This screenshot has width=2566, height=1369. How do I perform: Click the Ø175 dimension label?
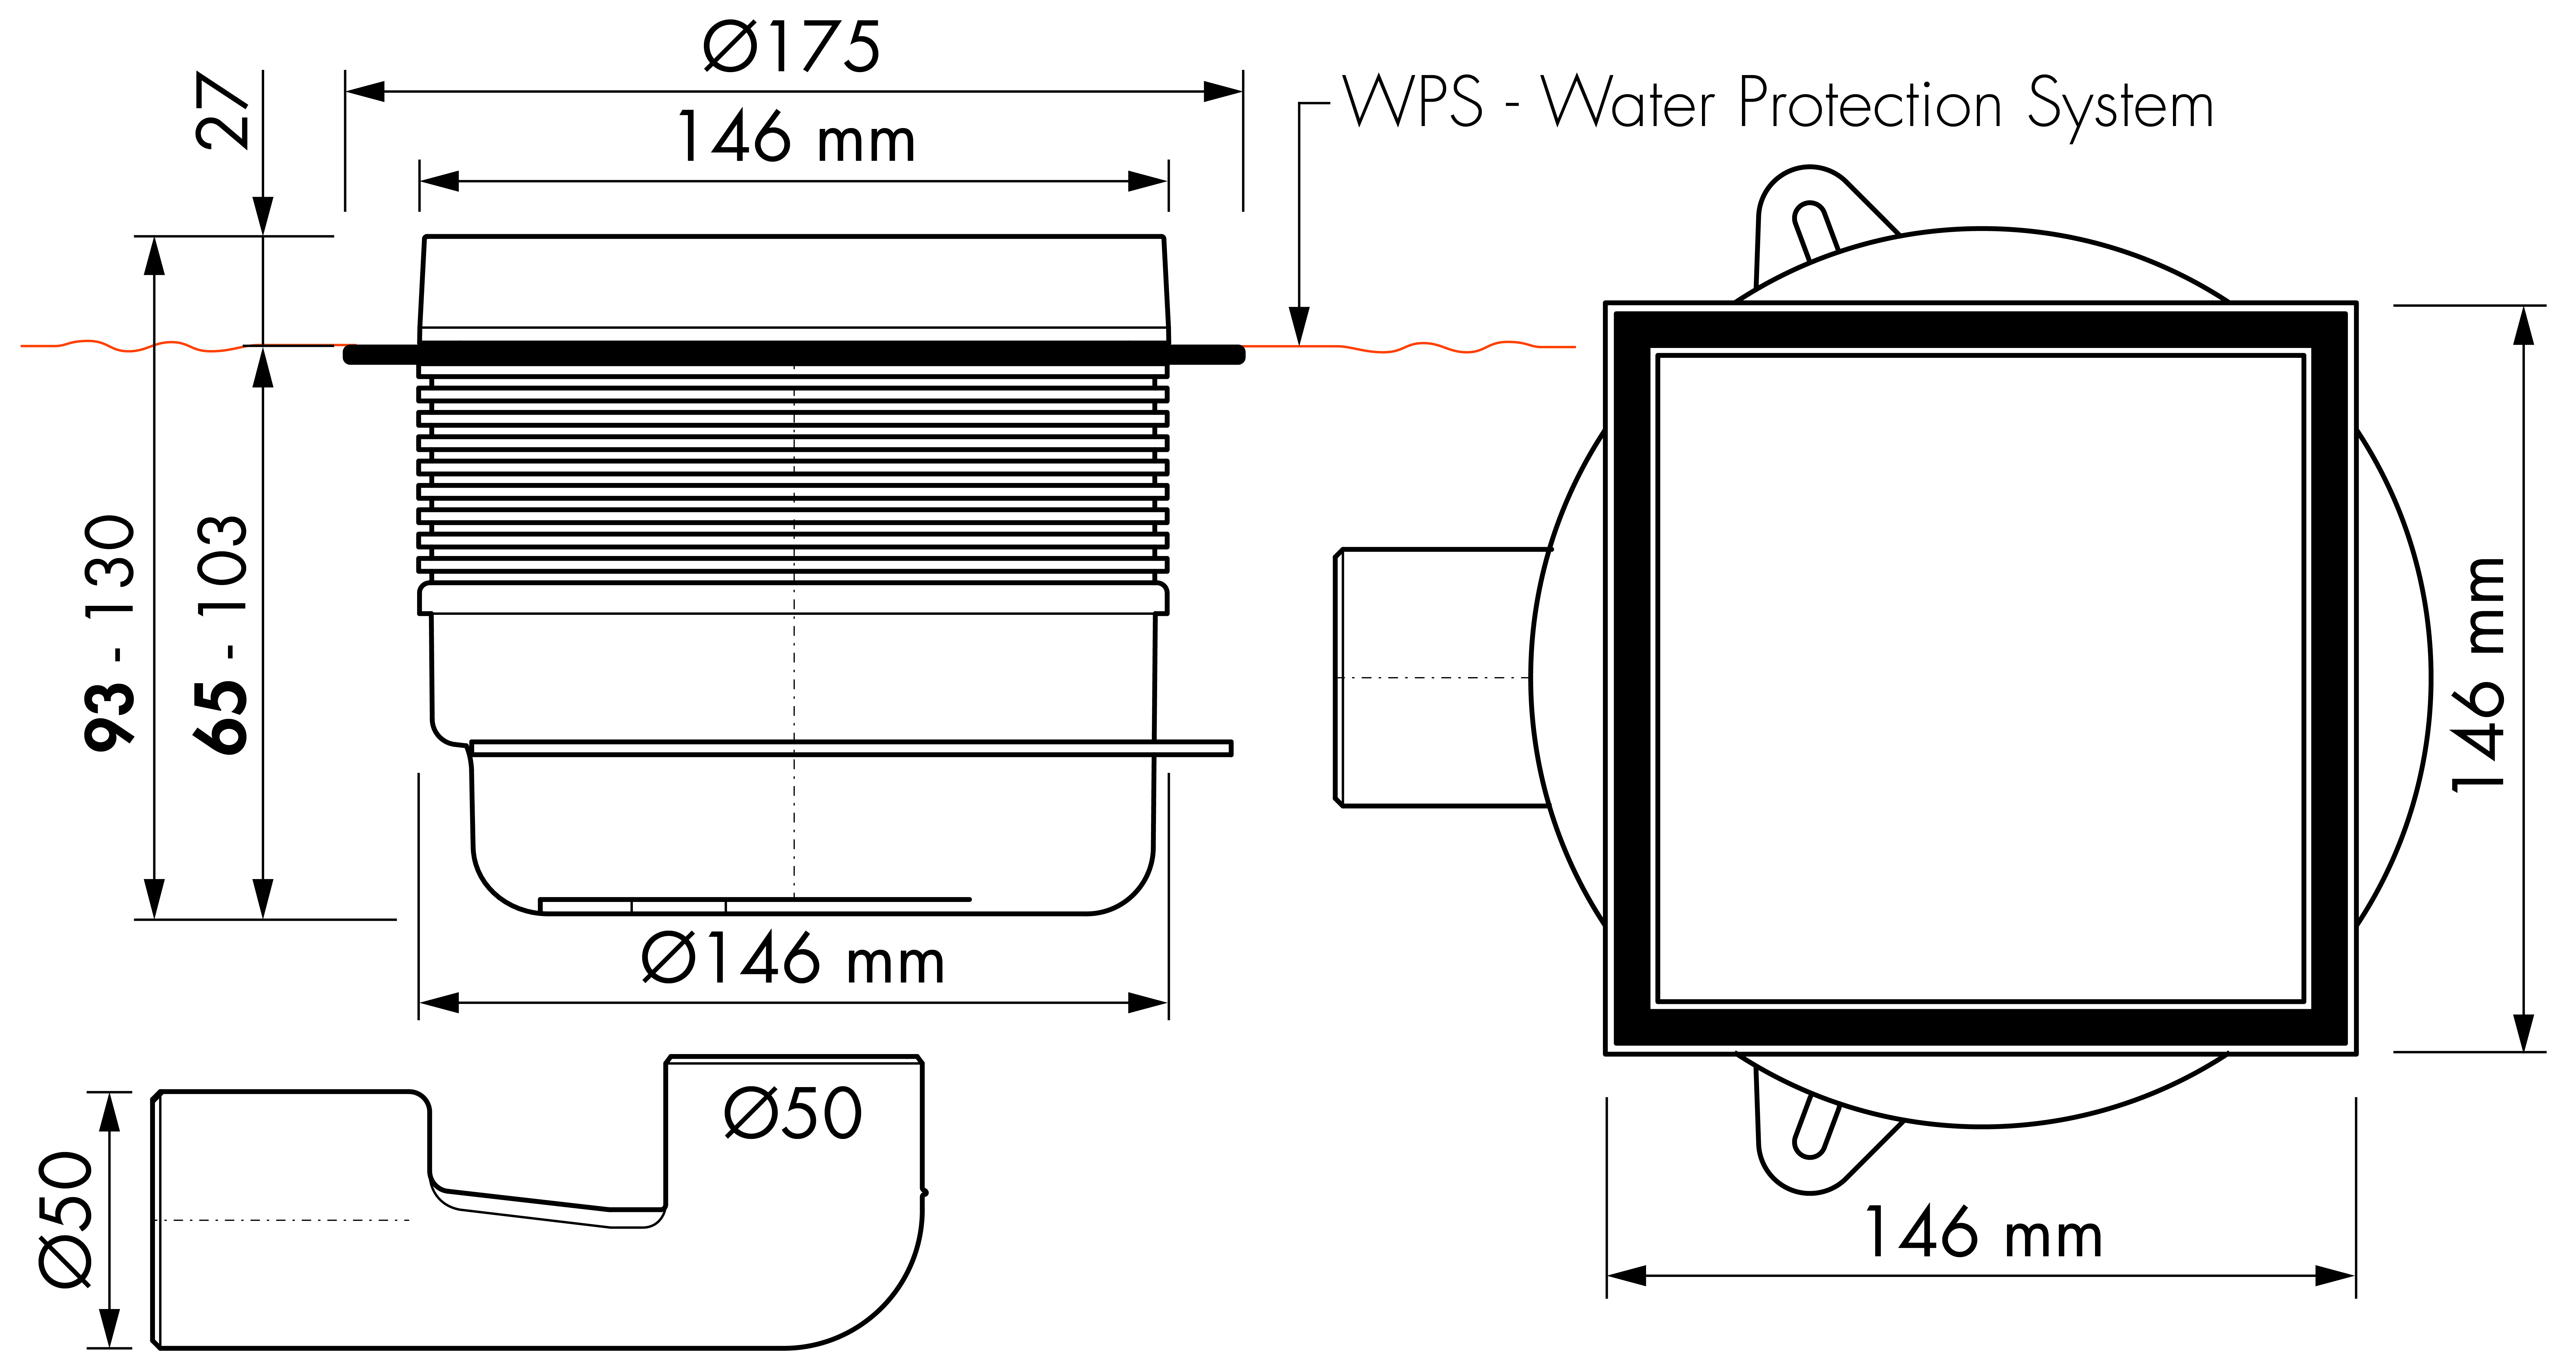(x=792, y=47)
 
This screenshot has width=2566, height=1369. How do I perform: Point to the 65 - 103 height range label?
(x=220, y=634)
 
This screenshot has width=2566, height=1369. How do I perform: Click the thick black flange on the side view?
(x=794, y=354)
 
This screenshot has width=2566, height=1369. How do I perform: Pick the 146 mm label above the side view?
(x=795, y=138)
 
